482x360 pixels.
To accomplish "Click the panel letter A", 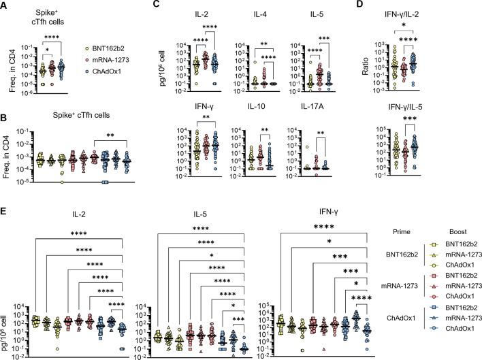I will click(x=5, y=6).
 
